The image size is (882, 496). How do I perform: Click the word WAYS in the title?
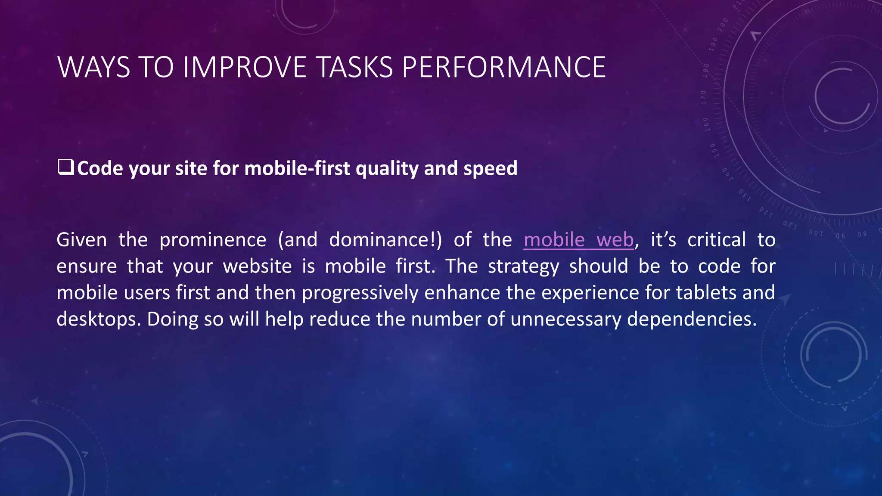pos(93,68)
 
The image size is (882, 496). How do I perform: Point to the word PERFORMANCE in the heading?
pos(504,68)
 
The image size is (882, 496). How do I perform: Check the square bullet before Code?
pos(65,167)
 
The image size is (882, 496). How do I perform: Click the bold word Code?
pos(100,168)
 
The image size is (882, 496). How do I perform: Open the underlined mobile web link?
pos(578,240)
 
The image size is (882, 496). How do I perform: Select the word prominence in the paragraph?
pos(213,240)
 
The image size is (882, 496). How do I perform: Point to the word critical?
pos(716,240)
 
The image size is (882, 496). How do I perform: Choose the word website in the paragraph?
pos(257,267)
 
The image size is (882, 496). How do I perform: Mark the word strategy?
pos(523,267)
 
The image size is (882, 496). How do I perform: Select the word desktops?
pos(99,319)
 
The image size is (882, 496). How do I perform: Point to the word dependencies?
pos(691,319)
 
